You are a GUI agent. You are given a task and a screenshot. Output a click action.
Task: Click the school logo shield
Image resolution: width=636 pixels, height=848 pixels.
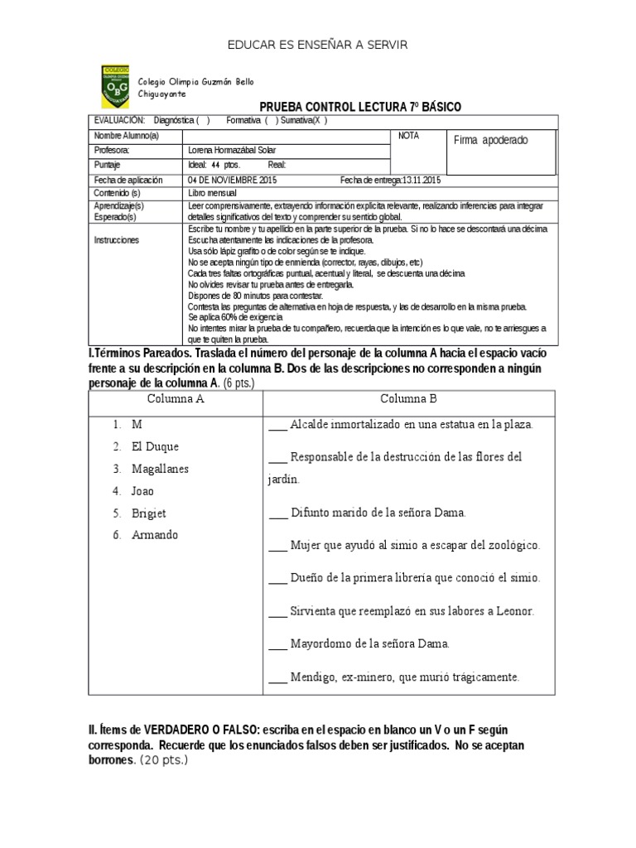click(114, 87)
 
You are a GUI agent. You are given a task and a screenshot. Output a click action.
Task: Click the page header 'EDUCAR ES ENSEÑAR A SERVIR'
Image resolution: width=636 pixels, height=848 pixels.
click(318, 44)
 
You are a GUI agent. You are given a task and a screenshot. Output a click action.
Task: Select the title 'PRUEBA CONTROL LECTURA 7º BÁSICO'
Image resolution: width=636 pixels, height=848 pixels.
click(360, 107)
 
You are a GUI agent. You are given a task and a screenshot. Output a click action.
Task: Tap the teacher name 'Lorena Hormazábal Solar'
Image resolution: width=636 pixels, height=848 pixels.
click(232, 150)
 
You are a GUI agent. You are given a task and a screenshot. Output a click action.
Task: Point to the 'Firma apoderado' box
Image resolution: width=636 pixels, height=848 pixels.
click(491, 140)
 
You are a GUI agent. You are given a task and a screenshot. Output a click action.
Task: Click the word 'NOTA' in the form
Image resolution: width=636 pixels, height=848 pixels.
click(408, 136)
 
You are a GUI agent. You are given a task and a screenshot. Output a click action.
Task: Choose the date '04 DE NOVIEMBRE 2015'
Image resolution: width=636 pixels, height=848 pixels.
click(233, 180)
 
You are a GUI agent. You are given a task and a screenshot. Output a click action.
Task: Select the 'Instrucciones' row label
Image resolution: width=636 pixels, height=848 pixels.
click(117, 239)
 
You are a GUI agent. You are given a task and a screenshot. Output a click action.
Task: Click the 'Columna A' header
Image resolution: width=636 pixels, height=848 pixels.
click(176, 398)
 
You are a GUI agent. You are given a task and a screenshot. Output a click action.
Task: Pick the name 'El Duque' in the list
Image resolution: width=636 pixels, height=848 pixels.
click(154, 446)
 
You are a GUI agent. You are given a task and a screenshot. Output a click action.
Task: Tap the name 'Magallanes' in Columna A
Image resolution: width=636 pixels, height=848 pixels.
click(160, 469)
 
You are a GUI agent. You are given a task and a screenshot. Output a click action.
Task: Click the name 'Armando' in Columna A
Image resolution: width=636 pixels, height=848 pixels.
click(154, 535)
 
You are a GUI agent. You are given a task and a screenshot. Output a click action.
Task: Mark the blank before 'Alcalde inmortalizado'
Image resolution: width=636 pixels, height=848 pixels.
click(277, 426)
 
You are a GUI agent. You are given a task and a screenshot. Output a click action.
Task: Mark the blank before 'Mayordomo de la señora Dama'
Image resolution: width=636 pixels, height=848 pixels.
click(277, 643)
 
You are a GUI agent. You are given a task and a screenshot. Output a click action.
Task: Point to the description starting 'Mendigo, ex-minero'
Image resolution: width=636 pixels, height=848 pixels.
click(404, 677)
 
